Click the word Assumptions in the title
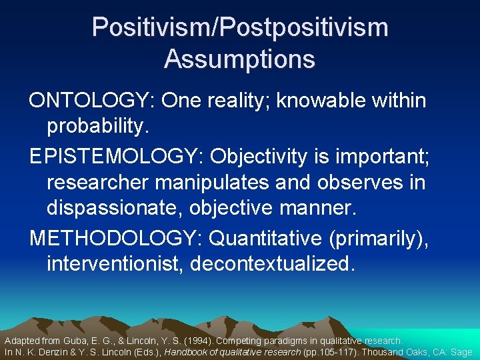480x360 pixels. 239,59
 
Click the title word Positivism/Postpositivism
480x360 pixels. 239,27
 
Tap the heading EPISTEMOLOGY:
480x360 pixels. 117,157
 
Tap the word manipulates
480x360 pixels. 221,183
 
